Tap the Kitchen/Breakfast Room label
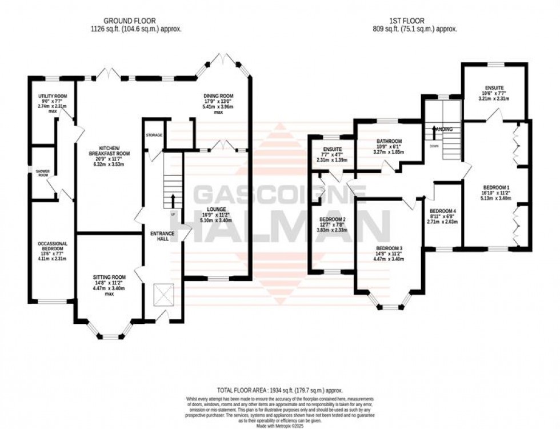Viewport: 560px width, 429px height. point(109,151)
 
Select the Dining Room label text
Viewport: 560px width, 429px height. point(218,96)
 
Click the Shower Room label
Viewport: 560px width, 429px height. point(43,173)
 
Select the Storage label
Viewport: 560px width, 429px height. point(154,135)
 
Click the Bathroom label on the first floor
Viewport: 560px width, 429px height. point(389,142)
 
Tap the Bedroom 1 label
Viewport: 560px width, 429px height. point(495,187)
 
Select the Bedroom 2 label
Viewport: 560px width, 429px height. point(333,219)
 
